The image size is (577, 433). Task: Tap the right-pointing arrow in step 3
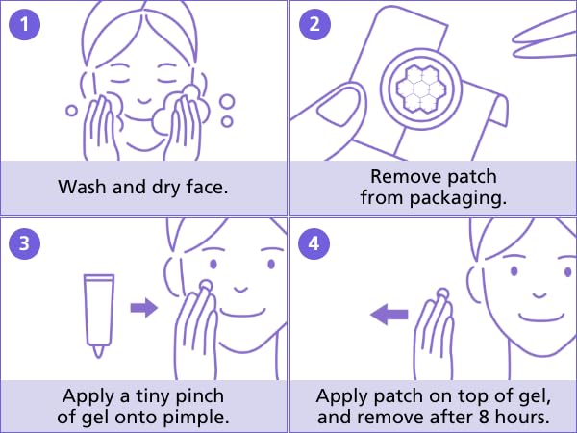point(143,307)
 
